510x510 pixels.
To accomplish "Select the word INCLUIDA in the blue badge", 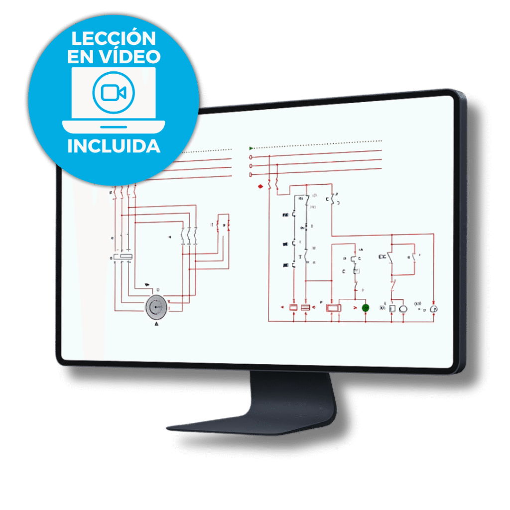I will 114,146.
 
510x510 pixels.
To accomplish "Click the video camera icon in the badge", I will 113,92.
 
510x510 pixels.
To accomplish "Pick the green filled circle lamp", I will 365,308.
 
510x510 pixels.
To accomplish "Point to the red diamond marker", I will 260,187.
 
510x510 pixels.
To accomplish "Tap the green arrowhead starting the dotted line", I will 251,148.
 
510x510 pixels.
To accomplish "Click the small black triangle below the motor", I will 156,324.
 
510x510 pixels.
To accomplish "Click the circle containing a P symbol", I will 434,309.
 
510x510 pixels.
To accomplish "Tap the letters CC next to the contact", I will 382,257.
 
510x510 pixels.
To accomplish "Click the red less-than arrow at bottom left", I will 282,307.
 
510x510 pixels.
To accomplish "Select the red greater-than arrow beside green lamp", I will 355,308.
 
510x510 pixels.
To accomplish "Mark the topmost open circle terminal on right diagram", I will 251,157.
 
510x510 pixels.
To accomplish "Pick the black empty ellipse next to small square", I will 403,309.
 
